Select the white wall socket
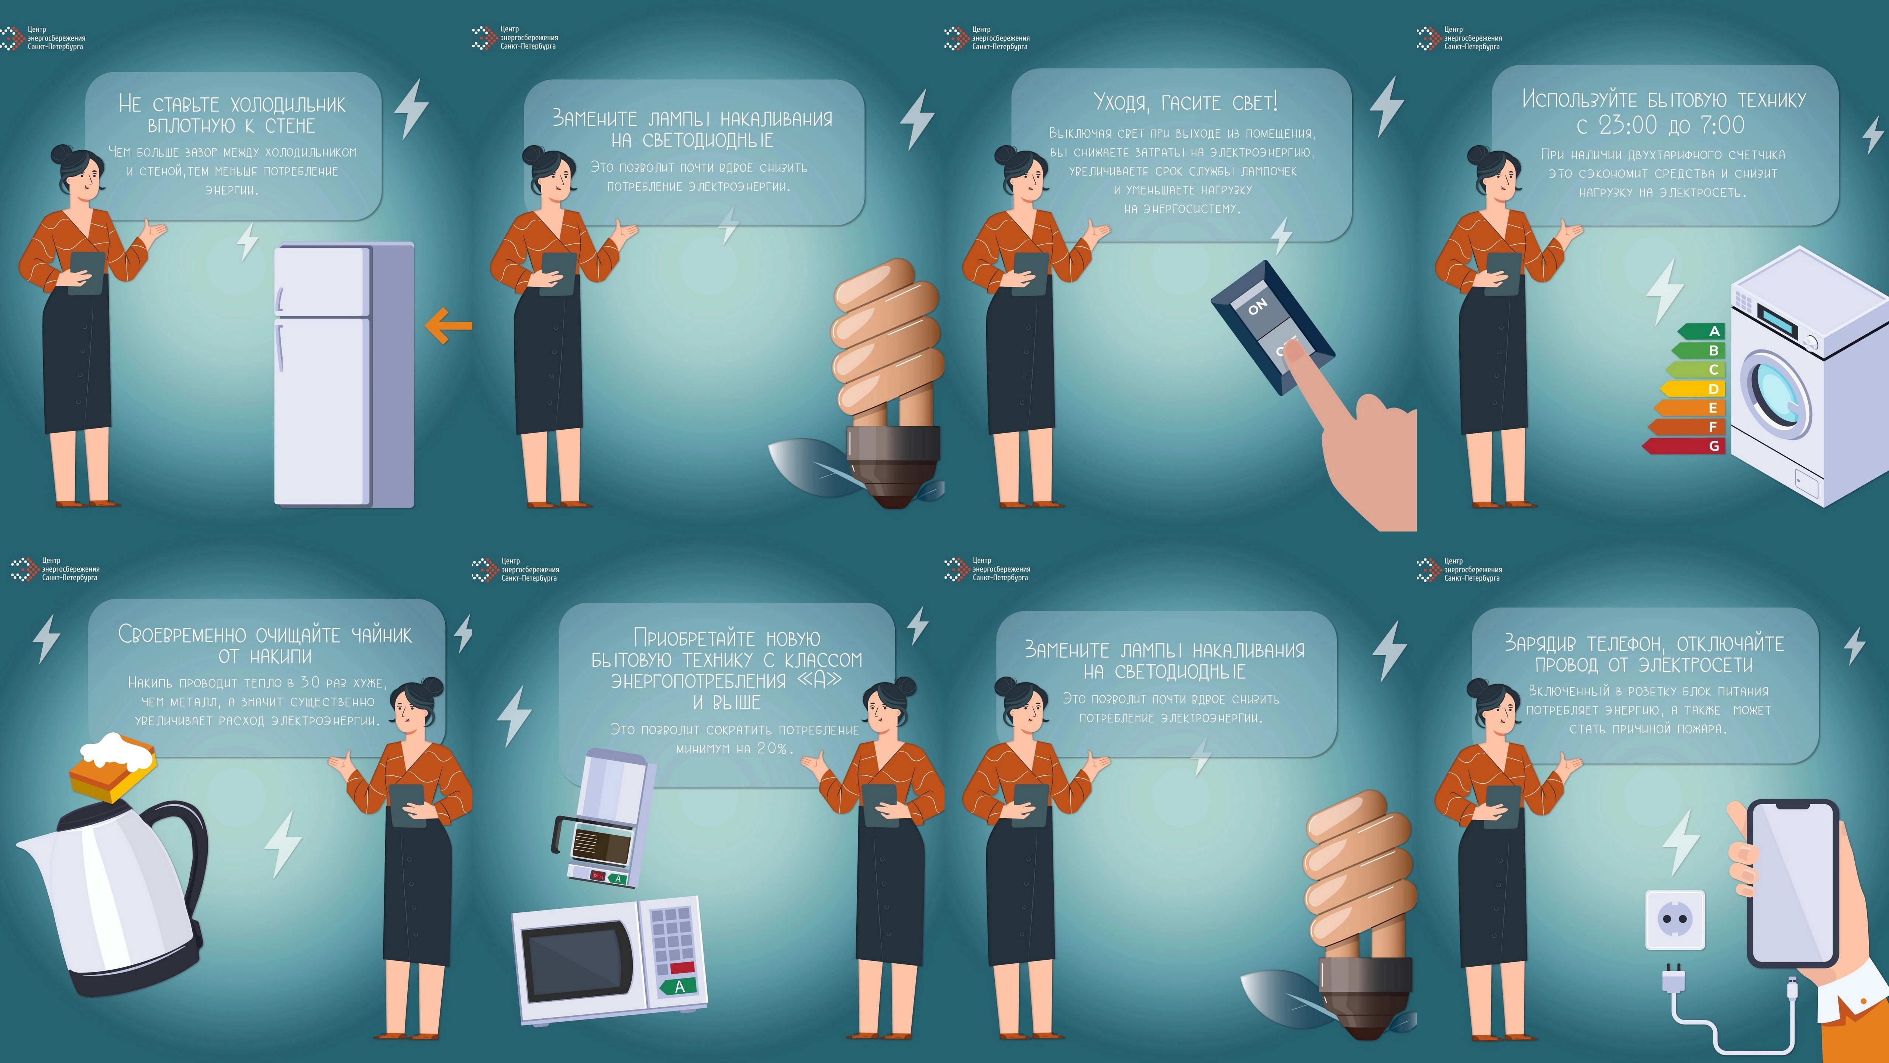[1675, 919]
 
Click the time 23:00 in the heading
[1626, 125]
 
